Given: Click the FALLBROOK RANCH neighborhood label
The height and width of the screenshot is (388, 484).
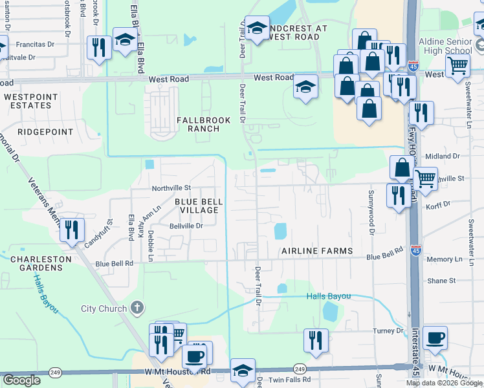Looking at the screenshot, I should click(199, 124).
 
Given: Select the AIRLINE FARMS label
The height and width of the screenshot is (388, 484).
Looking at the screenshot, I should click(317, 251).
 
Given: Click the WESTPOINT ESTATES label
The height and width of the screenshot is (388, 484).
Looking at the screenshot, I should click(30, 101).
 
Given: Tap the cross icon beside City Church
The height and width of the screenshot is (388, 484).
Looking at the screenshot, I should click(136, 308).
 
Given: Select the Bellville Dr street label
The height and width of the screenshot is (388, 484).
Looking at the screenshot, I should click(186, 226).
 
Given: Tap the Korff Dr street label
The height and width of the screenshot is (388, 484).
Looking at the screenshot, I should click(438, 204).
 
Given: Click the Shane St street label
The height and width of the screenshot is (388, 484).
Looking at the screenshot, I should click(441, 281).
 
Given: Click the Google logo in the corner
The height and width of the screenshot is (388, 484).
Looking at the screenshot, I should click(21, 380).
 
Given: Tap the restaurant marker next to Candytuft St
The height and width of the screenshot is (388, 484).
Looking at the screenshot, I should click(72, 230).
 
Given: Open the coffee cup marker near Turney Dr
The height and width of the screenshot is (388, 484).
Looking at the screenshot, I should click(435, 338).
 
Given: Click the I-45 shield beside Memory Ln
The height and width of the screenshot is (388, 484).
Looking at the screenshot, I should click(415, 251).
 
